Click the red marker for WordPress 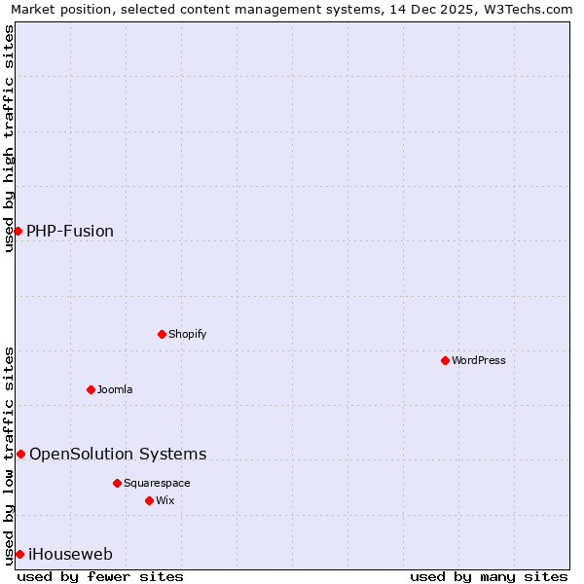445,360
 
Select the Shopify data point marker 162,334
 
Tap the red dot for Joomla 91,389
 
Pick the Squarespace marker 117,483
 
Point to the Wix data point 149,500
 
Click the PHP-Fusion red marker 18,231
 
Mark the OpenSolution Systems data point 20,454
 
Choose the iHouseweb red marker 19,554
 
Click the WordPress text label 479,360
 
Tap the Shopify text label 188,334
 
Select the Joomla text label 115,389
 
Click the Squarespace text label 157,483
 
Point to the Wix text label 165,500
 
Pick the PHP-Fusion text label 70,231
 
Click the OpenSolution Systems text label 118,454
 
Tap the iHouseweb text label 71,554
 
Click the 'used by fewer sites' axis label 100,576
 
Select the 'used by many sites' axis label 489,576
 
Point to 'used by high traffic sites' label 9,138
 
